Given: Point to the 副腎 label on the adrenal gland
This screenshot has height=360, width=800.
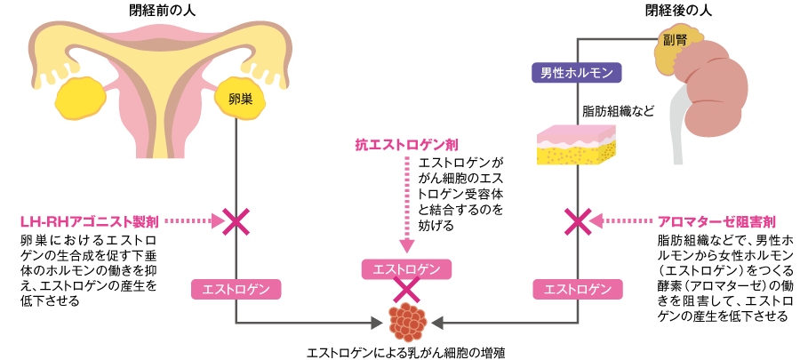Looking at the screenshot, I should [x=676, y=41].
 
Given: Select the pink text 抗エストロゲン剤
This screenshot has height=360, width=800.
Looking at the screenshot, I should [x=406, y=144].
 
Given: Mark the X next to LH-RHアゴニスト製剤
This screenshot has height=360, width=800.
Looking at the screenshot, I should [x=236, y=220].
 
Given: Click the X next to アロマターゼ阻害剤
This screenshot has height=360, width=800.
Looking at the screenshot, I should [x=579, y=220].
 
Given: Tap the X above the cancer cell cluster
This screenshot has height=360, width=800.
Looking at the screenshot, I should [x=406, y=289].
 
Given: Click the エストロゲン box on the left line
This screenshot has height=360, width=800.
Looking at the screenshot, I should [x=236, y=289].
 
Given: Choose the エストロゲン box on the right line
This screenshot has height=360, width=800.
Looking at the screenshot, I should [x=579, y=289].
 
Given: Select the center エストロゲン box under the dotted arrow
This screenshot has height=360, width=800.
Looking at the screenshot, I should [x=406, y=268].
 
